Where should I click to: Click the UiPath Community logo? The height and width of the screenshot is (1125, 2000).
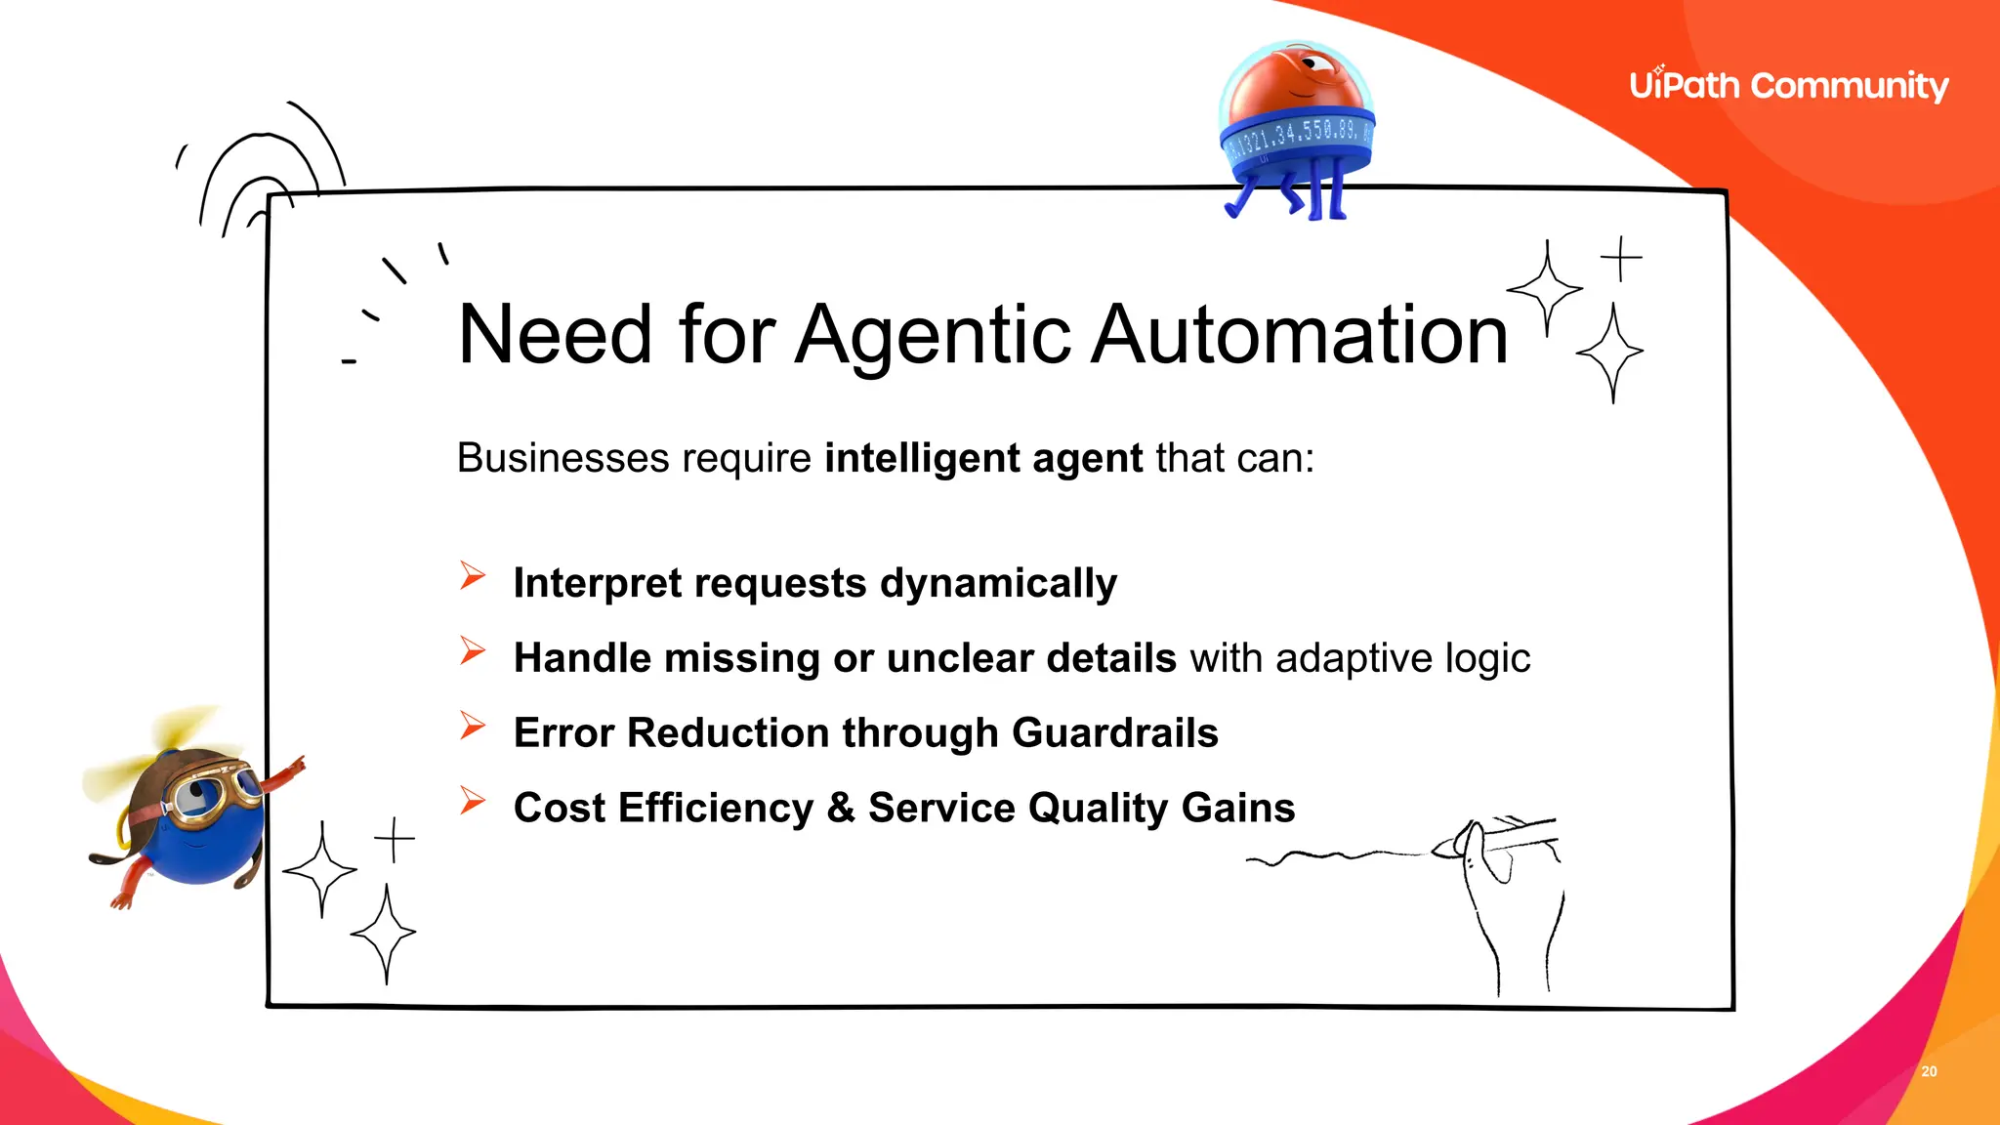(1788, 86)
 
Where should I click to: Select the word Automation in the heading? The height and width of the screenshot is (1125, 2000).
(1299, 336)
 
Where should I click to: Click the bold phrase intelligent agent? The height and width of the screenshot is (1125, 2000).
(982, 458)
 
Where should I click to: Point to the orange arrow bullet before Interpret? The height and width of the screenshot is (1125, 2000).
(473, 576)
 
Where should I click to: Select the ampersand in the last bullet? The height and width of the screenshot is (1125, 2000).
(840, 808)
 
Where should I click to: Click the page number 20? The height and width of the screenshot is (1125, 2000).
(1929, 1071)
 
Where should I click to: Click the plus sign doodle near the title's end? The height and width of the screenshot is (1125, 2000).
(1621, 259)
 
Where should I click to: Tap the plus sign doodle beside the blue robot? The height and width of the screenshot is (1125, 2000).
(394, 839)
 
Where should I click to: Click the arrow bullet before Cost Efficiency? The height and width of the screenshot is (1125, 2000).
(473, 801)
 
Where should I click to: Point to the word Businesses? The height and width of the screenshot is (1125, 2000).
(562, 458)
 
